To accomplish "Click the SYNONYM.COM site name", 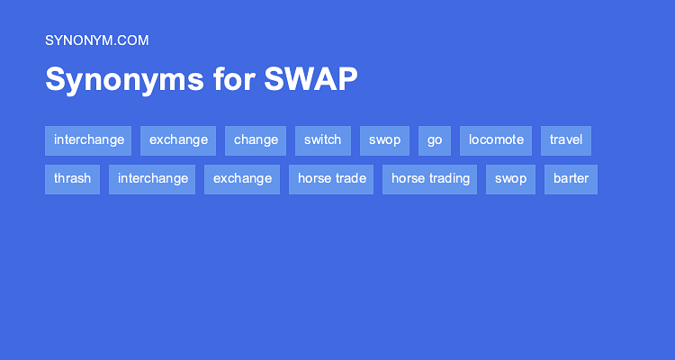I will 96,40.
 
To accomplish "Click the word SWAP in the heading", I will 310,79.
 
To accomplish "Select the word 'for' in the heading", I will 234,79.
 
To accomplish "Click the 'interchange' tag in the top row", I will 88,140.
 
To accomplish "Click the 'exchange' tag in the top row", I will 178,140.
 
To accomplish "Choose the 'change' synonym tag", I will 256,140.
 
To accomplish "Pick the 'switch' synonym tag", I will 322,140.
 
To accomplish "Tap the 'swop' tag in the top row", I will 384,140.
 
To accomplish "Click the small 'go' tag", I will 435,140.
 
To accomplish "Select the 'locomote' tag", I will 496,140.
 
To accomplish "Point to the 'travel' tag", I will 566,140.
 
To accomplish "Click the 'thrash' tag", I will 72,178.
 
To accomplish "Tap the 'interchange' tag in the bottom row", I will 152,178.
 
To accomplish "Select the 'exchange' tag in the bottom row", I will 242,178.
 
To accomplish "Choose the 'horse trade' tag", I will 331,178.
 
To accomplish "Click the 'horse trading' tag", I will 430,178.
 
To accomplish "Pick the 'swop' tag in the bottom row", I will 510,178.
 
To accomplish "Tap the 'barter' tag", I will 571,178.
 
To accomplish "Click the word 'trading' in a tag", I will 449,178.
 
